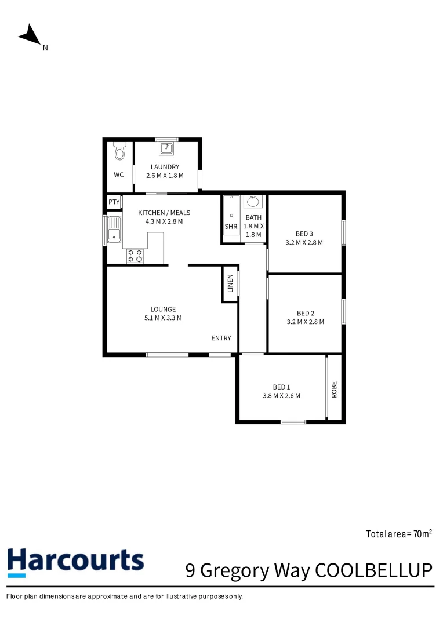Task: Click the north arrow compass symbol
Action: pos(30,35)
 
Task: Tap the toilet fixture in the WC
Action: pos(119,151)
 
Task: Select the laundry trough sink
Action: pos(166,148)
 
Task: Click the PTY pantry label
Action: pos(114,202)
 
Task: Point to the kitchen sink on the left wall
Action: pos(114,229)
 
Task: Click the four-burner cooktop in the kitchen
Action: pos(136,256)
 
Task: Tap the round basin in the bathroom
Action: pos(253,201)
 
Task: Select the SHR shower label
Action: pos(231,227)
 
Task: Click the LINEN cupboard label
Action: pos(230,283)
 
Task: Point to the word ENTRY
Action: pos(221,338)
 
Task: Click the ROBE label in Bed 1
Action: pos(335,390)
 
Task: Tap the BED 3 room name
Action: pos(304,234)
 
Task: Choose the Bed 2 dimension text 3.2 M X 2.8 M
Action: pos(306,322)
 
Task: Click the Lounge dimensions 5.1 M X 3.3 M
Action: pos(163,318)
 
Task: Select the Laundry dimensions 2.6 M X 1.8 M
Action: pos(165,176)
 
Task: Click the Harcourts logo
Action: pos(75,562)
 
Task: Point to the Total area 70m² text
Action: pos(399,534)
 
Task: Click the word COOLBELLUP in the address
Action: pos(374,570)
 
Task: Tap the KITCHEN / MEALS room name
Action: pos(164,213)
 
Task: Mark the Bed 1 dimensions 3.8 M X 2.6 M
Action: pos(282,396)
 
